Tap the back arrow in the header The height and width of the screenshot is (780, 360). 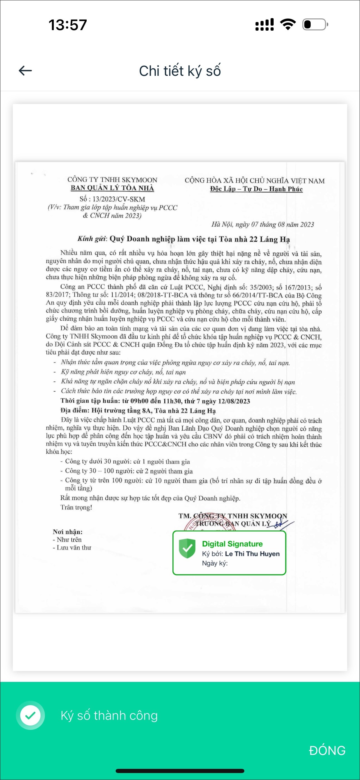pyautogui.click(x=25, y=71)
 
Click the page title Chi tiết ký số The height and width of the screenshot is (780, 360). pyautogui.click(x=180, y=71)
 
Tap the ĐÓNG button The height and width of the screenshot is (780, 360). pyautogui.click(x=327, y=751)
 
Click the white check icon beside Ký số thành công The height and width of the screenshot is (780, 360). pyautogui.click(x=30, y=716)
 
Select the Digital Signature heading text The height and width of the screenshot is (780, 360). pyautogui.click(x=232, y=544)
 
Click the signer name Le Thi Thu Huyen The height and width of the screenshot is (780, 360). pyautogui.click(x=252, y=554)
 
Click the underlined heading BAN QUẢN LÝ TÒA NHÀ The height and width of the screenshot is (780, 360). pyautogui.click(x=112, y=188)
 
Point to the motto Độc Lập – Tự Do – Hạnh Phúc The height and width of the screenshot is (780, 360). pyautogui.click(x=256, y=189)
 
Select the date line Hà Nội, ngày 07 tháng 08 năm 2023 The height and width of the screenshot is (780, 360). pyautogui.click(x=262, y=224)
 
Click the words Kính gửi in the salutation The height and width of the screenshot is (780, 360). pyautogui.click(x=92, y=239)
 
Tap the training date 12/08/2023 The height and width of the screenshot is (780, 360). pyautogui.click(x=234, y=401)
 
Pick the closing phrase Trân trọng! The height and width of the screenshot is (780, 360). pyautogui.click(x=76, y=507)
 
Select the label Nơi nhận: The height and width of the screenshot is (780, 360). pyautogui.click(x=67, y=532)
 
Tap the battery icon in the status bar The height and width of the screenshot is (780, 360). pyautogui.click(x=315, y=25)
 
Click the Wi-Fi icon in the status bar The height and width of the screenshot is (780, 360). pyautogui.click(x=288, y=25)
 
